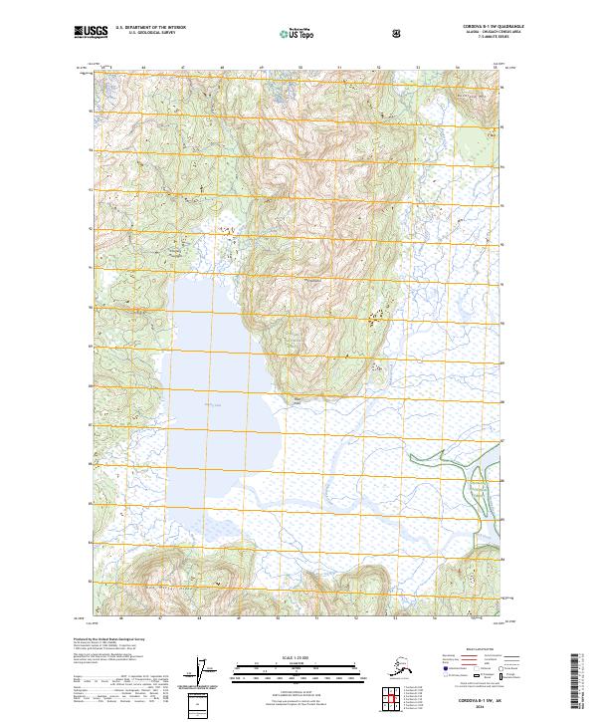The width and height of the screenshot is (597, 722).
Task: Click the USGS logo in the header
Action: (x=91, y=33)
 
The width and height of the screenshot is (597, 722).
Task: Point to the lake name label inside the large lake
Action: (x=211, y=405)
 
